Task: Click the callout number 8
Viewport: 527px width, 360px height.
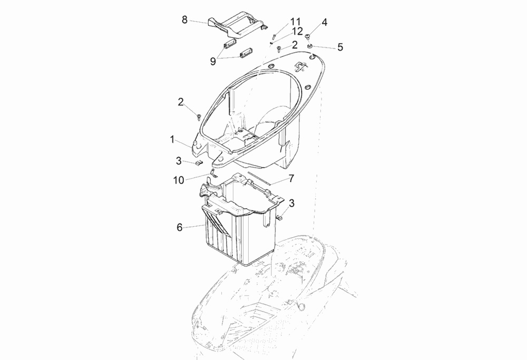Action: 184,20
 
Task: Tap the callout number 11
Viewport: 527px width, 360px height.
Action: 296,22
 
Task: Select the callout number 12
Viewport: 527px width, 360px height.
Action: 297,32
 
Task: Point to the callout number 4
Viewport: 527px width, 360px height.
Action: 324,23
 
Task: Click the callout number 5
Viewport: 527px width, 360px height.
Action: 340,47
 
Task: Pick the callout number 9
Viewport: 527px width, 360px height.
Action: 213,62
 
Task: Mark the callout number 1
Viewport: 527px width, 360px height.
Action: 172,140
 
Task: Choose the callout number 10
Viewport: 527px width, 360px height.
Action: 179,180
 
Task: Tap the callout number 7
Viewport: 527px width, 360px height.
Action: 291,179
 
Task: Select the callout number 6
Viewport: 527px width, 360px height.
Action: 180,228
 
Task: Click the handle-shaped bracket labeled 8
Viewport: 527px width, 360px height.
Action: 237,24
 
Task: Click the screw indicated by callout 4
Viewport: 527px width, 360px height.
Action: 308,36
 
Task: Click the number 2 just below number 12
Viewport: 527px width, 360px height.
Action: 295,45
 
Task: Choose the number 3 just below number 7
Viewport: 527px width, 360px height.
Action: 292,203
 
